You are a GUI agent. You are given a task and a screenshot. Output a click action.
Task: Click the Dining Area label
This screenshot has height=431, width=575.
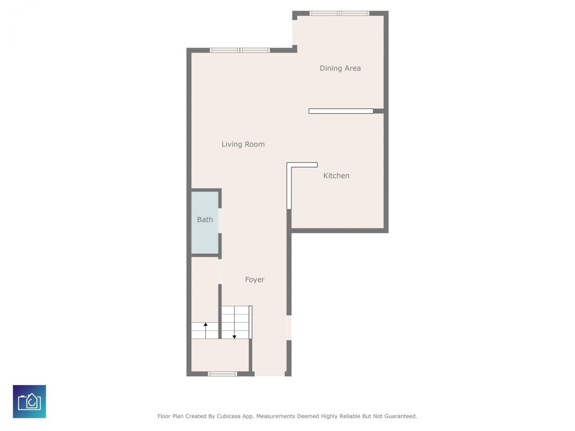point(340,68)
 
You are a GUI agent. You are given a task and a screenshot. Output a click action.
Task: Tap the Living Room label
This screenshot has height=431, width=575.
point(243,144)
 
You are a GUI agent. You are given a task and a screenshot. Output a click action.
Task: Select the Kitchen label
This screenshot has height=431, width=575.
point(336,176)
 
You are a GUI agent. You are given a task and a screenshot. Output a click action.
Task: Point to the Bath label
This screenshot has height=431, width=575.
point(205,220)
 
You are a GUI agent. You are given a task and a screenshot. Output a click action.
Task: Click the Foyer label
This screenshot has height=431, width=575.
point(255,280)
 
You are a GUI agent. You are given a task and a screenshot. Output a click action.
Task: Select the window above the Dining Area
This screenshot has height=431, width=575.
point(339,13)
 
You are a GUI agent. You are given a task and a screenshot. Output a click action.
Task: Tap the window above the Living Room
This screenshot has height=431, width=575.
point(240,50)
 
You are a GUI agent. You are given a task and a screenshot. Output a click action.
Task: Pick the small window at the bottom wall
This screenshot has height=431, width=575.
point(222,374)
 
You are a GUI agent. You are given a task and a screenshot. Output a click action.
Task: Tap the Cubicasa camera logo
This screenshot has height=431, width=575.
point(30,401)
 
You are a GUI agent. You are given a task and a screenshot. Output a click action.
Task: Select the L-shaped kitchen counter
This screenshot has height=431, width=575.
point(290,180)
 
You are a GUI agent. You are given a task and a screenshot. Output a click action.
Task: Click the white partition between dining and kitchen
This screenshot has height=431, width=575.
point(341,111)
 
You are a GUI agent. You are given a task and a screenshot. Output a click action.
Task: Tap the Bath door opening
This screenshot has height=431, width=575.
point(220,220)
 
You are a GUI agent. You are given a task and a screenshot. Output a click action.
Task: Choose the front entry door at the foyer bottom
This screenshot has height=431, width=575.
point(270,374)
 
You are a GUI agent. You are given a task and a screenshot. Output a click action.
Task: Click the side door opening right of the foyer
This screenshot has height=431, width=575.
point(289,328)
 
